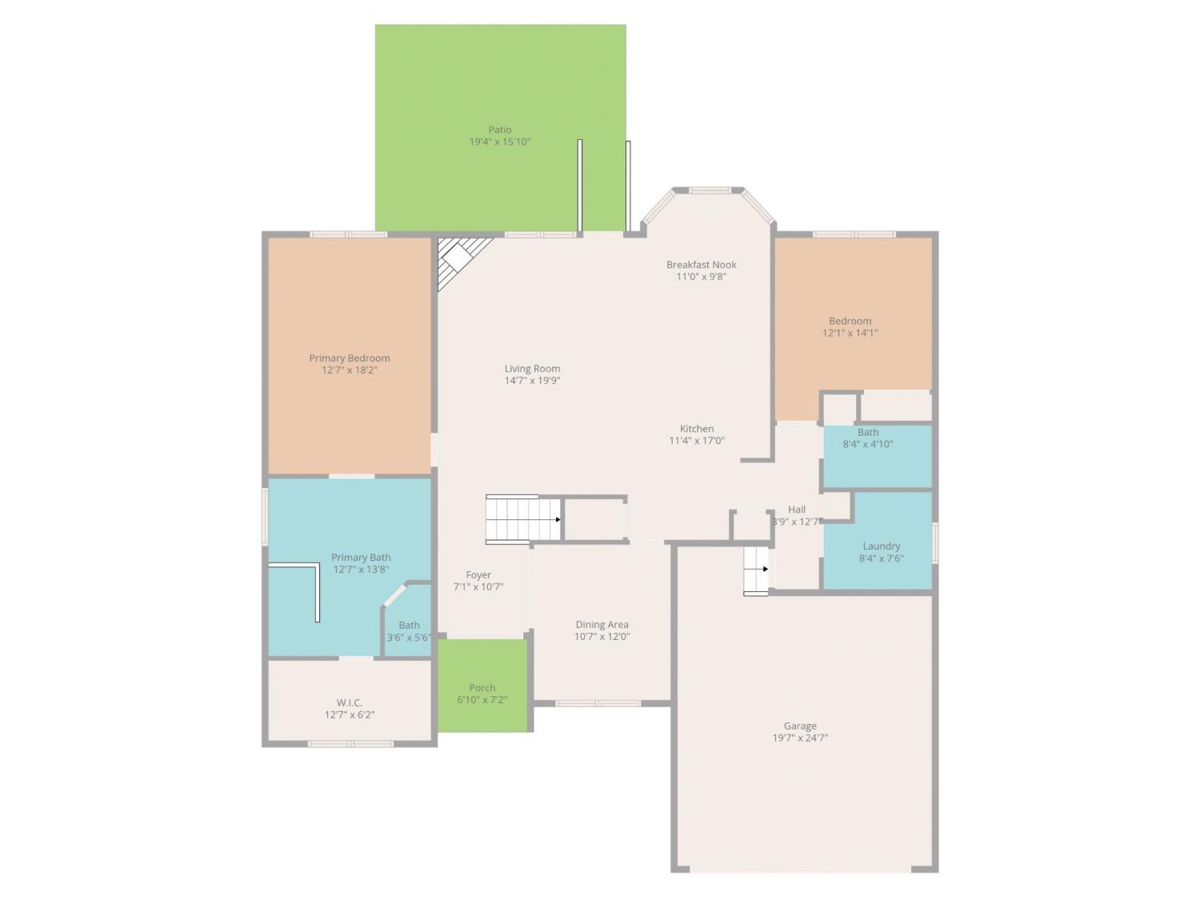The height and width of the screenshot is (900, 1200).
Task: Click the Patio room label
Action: pyautogui.click(x=500, y=130)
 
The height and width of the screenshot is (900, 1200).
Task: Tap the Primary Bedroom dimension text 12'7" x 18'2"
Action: pyautogui.click(x=350, y=370)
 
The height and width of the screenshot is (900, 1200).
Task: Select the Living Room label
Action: pyautogui.click(x=532, y=368)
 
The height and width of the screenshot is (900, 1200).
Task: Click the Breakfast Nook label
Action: pyautogui.click(x=701, y=265)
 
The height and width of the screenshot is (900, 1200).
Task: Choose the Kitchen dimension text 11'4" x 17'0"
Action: pyautogui.click(x=697, y=441)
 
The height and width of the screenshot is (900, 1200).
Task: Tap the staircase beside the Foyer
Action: pyautogui.click(x=523, y=519)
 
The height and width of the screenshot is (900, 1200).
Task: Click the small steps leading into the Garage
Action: pyautogui.click(x=756, y=570)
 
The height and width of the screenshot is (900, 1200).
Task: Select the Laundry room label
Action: pyautogui.click(x=881, y=546)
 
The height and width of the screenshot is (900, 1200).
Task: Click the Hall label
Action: pyautogui.click(x=796, y=510)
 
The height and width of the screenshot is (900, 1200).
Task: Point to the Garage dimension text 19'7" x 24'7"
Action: pyautogui.click(x=800, y=738)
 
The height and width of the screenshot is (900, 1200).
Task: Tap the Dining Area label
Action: pyautogui.click(x=602, y=624)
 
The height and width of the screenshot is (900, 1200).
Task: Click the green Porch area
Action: pyautogui.click(x=482, y=686)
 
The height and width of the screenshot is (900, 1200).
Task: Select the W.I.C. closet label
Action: pyautogui.click(x=350, y=702)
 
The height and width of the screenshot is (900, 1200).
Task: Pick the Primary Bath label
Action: pyautogui.click(x=361, y=558)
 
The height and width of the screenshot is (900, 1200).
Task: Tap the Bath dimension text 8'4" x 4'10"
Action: pyautogui.click(x=868, y=444)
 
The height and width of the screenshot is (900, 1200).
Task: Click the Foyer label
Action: pyautogui.click(x=478, y=575)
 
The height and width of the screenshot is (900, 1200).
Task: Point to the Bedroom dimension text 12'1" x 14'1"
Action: pyautogui.click(x=850, y=333)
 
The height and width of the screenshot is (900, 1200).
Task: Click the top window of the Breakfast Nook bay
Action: pyautogui.click(x=709, y=190)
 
